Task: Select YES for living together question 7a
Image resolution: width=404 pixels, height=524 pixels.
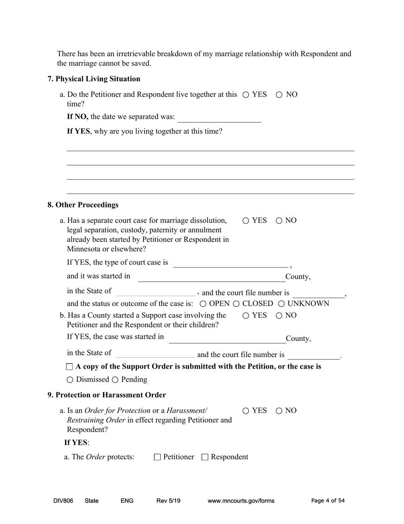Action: (x=246, y=95)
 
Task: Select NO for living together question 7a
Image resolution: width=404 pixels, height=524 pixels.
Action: (x=279, y=95)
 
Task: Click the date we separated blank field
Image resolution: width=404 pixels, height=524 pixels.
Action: (x=219, y=118)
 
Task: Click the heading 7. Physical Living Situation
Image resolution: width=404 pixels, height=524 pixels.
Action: (x=94, y=79)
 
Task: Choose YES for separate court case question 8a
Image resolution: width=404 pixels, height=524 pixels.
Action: (x=246, y=221)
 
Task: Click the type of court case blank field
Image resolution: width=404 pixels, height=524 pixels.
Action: (x=230, y=263)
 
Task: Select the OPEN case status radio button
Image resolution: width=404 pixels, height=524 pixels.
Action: (x=203, y=304)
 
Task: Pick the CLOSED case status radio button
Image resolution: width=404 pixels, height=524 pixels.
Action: (x=236, y=304)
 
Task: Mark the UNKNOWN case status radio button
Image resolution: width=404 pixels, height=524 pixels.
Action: (x=282, y=304)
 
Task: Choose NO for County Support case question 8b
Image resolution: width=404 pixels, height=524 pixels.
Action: (x=279, y=316)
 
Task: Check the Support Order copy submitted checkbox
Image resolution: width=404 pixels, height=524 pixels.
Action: (x=70, y=367)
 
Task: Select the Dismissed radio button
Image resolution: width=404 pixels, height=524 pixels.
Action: (x=70, y=380)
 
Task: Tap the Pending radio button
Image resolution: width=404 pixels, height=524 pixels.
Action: (x=115, y=380)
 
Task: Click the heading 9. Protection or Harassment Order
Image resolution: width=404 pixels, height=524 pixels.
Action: (x=106, y=395)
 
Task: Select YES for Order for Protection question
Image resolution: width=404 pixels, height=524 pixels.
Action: (x=246, y=411)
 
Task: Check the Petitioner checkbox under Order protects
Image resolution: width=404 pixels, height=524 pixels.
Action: (x=157, y=457)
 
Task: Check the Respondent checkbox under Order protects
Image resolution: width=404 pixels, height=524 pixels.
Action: (x=205, y=457)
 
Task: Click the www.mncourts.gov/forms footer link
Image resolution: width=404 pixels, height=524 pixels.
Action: (x=241, y=501)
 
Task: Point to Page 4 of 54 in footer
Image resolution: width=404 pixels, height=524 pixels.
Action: (x=328, y=501)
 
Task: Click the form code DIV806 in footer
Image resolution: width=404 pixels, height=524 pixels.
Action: (x=63, y=501)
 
